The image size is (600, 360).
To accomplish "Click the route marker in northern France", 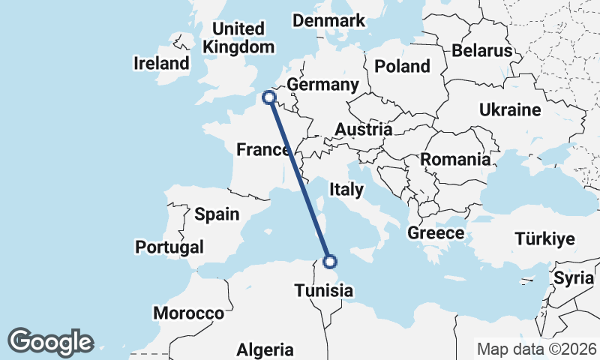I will (268, 97).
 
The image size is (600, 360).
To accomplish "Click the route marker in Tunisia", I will (330, 262).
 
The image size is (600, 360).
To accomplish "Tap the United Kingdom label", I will (239, 37).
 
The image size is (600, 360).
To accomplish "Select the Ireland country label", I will (161, 63).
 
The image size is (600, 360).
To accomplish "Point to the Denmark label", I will (328, 20).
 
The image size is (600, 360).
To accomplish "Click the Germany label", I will (322, 85).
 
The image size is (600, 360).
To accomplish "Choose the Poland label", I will (403, 66).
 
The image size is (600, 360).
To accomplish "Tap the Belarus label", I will (481, 51).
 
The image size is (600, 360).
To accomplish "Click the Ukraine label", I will (510, 110).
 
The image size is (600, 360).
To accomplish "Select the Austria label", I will (363, 129).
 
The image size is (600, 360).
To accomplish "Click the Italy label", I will (346, 190).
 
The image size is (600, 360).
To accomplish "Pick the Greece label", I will (436, 233).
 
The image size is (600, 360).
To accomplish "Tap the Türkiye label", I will (544, 239).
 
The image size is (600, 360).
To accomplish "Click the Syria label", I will (574, 278).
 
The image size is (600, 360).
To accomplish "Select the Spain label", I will (217, 214).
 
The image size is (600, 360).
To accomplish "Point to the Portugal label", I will (169, 247).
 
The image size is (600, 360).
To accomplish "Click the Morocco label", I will (188, 313).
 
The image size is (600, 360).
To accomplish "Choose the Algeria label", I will (265, 349).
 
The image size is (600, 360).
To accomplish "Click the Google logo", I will (51, 342).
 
